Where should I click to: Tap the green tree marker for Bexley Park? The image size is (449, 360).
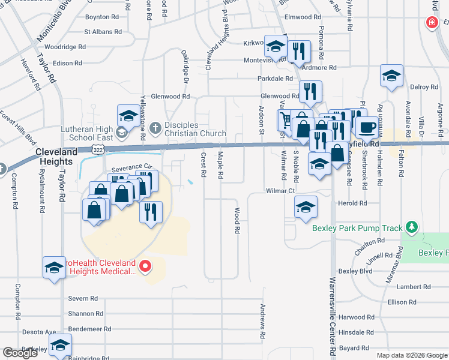411,227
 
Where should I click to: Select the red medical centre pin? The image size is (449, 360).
144,266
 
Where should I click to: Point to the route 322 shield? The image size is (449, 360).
98,148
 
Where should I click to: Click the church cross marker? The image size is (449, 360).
155,127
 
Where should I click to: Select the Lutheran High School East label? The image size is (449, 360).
88,133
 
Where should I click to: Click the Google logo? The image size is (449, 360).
20,353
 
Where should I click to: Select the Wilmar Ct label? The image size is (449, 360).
282,191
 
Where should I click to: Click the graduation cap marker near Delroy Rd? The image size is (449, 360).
391,77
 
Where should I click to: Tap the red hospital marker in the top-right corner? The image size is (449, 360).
431,23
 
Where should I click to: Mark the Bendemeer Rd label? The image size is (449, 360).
90,329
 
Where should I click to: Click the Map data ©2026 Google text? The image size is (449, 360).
411,355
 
